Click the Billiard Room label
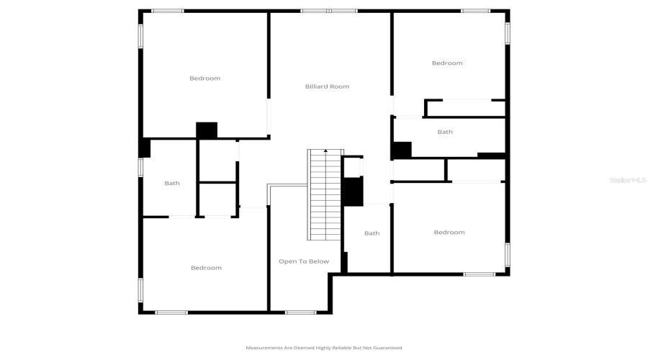click(x=327, y=86)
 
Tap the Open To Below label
click(x=304, y=261)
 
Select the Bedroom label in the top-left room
click(x=204, y=78)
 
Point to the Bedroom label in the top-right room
click(x=447, y=63)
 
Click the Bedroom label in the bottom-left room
click(x=206, y=268)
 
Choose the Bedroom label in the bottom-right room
click(x=449, y=233)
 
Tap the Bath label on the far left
click(x=172, y=184)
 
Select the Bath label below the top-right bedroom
click(x=445, y=132)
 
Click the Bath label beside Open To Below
click(x=372, y=233)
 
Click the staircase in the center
click(x=325, y=194)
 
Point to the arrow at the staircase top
click(x=325, y=151)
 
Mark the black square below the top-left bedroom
click(x=207, y=130)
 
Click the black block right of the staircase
click(x=352, y=192)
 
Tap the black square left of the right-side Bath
click(x=402, y=150)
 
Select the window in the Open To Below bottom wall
click(x=300, y=312)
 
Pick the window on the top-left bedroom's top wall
click(x=167, y=11)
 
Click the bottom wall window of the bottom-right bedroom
click(x=479, y=274)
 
